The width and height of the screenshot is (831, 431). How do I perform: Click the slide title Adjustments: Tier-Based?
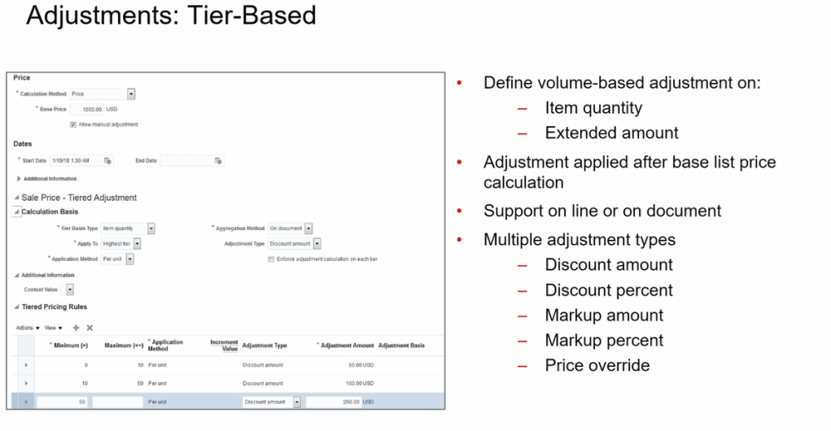pos(171,16)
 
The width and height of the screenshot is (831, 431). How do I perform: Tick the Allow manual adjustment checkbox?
pos(73,124)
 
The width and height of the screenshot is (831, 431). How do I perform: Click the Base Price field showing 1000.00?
pos(87,109)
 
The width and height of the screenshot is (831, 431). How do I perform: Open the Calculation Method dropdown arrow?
pos(131,94)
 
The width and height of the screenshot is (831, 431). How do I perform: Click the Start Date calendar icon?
pos(107,161)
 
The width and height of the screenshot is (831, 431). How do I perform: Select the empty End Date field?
pos(186,161)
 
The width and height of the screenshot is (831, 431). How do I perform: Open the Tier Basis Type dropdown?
pos(151,229)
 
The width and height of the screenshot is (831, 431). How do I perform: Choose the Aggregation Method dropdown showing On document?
pos(308,229)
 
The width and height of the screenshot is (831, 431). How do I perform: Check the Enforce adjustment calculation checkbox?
pos(271,259)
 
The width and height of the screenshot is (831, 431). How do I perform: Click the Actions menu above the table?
pos(28,328)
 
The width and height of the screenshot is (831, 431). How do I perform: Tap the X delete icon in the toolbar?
pos(90,328)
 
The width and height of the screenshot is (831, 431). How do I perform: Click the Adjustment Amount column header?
pos(348,346)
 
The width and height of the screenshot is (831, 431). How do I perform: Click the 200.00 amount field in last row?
pos(334,402)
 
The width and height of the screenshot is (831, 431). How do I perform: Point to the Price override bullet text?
pos(597,365)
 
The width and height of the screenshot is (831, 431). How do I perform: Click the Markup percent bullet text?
pos(604,340)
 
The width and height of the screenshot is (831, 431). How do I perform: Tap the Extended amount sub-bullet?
pos(611,133)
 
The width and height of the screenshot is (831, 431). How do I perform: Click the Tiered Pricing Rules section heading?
pos(54,307)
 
